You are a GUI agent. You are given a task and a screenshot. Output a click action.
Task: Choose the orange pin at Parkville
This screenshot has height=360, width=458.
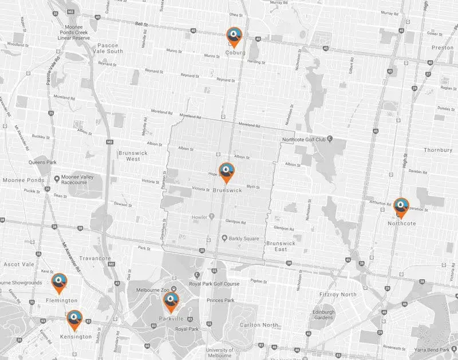tap(171, 301)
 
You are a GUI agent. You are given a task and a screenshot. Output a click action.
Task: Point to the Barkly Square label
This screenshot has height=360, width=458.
tap(244, 238)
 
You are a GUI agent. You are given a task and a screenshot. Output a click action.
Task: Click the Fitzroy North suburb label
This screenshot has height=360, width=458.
tap(337, 294)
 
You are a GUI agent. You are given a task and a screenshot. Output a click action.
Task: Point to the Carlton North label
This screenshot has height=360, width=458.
tap(260, 325)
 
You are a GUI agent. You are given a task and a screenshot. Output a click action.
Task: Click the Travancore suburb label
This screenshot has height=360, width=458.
tap(95, 259)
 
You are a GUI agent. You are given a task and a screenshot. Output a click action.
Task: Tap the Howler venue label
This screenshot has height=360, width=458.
tap(199, 216)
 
